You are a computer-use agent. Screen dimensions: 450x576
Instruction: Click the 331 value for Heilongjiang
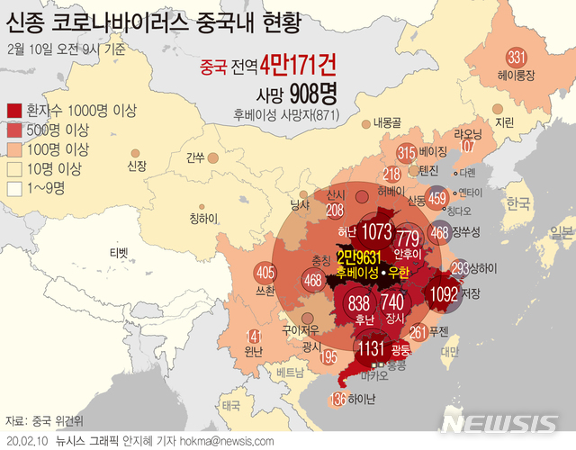[516, 58]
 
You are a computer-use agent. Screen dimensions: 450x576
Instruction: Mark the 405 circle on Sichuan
[265, 272]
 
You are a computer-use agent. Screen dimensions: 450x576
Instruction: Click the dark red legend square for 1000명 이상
[16, 111]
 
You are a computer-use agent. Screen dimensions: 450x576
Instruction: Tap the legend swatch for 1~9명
[16, 188]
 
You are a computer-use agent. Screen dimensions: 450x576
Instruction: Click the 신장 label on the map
[137, 166]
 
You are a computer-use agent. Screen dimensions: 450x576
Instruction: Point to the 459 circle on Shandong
[438, 200]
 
